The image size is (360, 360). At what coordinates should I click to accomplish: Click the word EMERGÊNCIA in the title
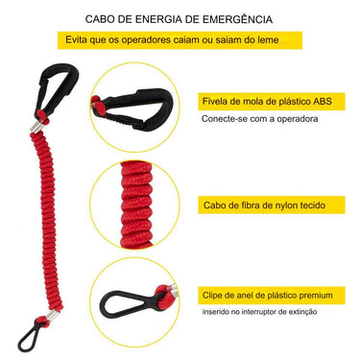pos(229,18)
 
